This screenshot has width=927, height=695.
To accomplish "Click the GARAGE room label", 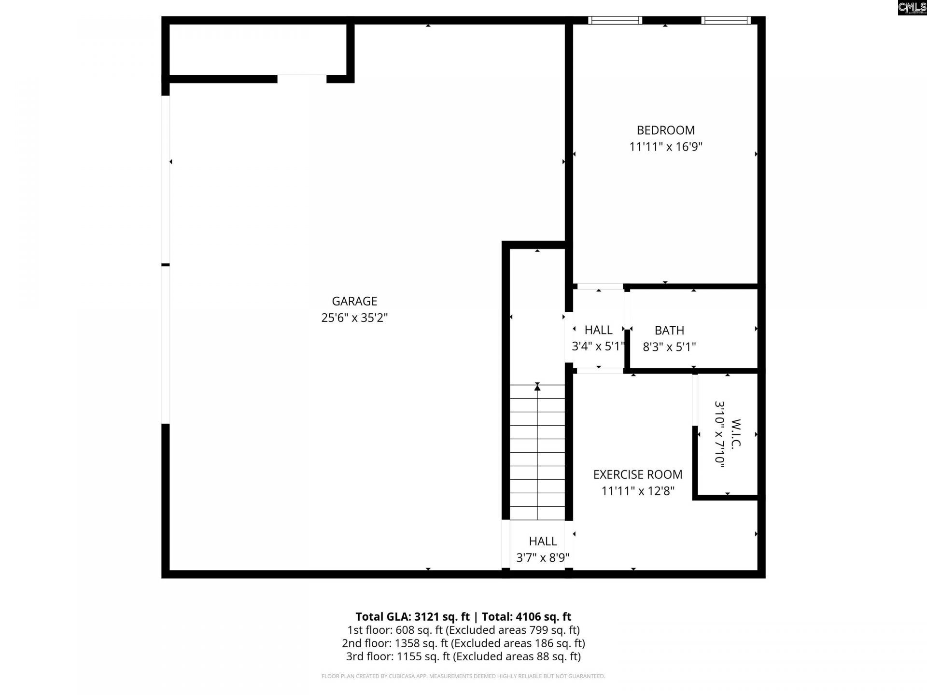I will [x=354, y=301].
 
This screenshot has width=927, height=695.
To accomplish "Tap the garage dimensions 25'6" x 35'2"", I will [x=354, y=318].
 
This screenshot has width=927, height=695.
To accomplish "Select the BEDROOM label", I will [x=665, y=130].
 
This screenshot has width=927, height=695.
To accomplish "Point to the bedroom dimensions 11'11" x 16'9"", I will [x=665, y=147].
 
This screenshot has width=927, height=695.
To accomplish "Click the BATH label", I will [x=669, y=331].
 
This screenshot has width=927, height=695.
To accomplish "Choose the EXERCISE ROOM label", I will [x=637, y=474].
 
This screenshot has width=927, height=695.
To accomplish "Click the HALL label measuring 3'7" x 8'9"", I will [x=543, y=542].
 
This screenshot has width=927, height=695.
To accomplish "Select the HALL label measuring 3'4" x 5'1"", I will [x=598, y=330].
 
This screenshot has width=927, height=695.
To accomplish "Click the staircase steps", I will [x=537, y=454].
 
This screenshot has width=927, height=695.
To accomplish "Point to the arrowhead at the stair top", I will [x=537, y=387].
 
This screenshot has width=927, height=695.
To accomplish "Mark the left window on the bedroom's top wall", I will [x=615, y=20].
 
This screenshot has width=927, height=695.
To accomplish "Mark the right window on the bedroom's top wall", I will [x=726, y=20].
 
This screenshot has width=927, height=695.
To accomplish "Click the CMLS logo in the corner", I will [x=912, y=7].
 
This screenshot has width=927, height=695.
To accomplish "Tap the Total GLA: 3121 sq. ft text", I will [x=412, y=617].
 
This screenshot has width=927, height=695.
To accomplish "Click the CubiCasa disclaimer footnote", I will [x=463, y=676].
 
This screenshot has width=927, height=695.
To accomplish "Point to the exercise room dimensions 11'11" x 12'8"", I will [x=637, y=491].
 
